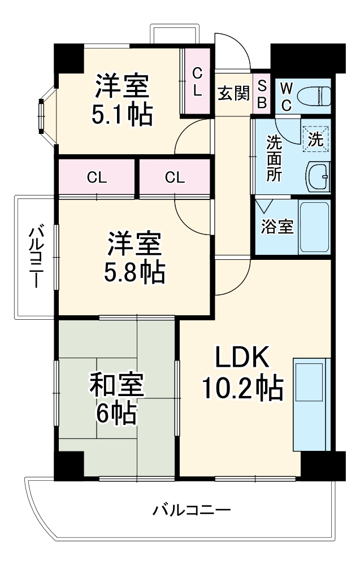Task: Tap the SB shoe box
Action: (x=263, y=93)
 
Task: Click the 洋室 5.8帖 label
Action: (x=135, y=258)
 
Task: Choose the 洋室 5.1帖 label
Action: (x=122, y=99)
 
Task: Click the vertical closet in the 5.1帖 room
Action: (x=196, y=82)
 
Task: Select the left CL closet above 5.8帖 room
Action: (x=97, y=177)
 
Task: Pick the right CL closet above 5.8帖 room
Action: (x=175, y=177)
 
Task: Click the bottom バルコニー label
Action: (x=192, y=511)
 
